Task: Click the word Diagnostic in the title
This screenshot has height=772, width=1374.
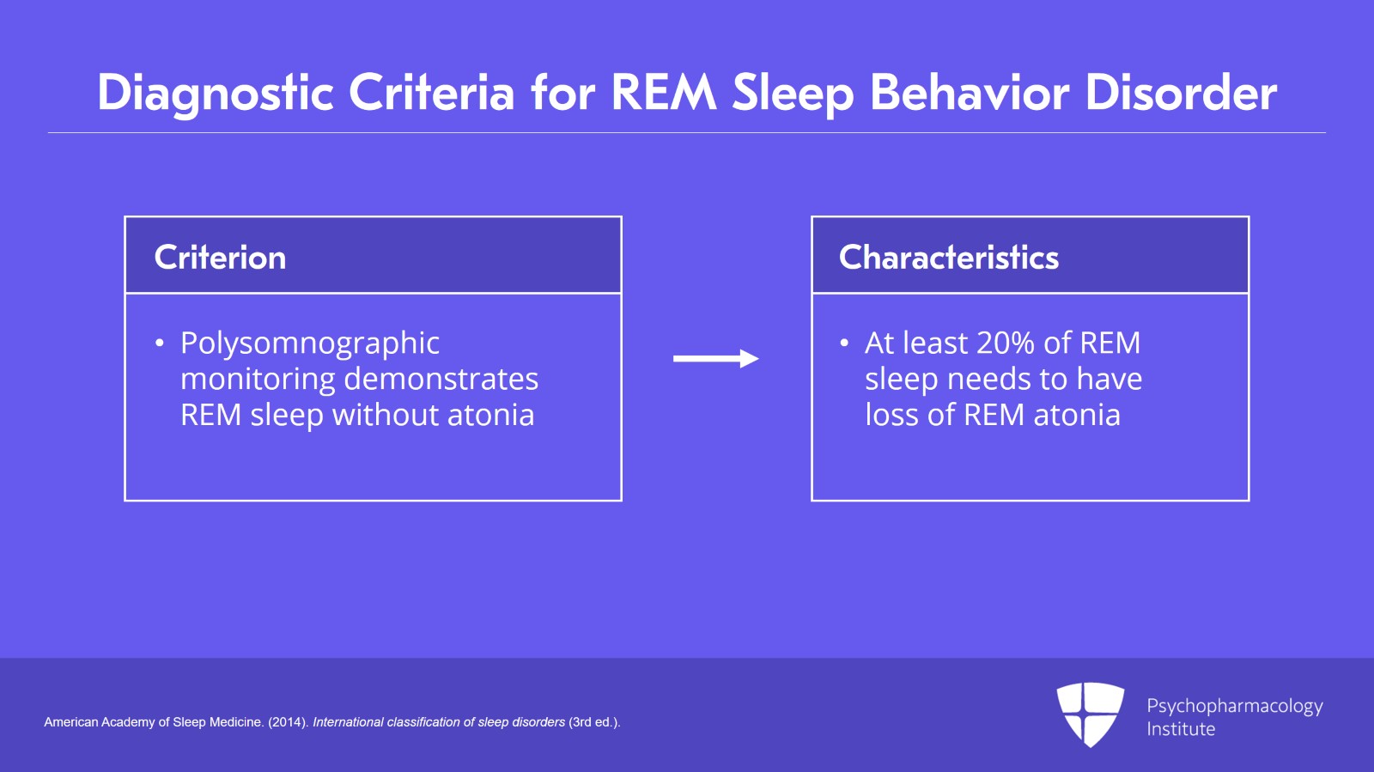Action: point(215,93)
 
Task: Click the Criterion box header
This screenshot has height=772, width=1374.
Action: point(220,258)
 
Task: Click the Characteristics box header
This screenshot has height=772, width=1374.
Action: point(948,258)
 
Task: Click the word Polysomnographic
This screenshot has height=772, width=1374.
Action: point(309,343)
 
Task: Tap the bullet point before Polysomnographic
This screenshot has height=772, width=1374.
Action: point(159,343)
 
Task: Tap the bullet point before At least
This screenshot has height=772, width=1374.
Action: point(843,343)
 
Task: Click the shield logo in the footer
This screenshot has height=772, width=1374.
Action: point(1090,714)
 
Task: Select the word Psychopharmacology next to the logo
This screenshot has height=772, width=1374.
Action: point(1234,706)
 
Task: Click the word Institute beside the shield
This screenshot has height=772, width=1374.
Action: point(1181,729)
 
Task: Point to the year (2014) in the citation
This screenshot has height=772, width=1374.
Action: point(288,722)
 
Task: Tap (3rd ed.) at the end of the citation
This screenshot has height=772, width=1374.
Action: point(594,722)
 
